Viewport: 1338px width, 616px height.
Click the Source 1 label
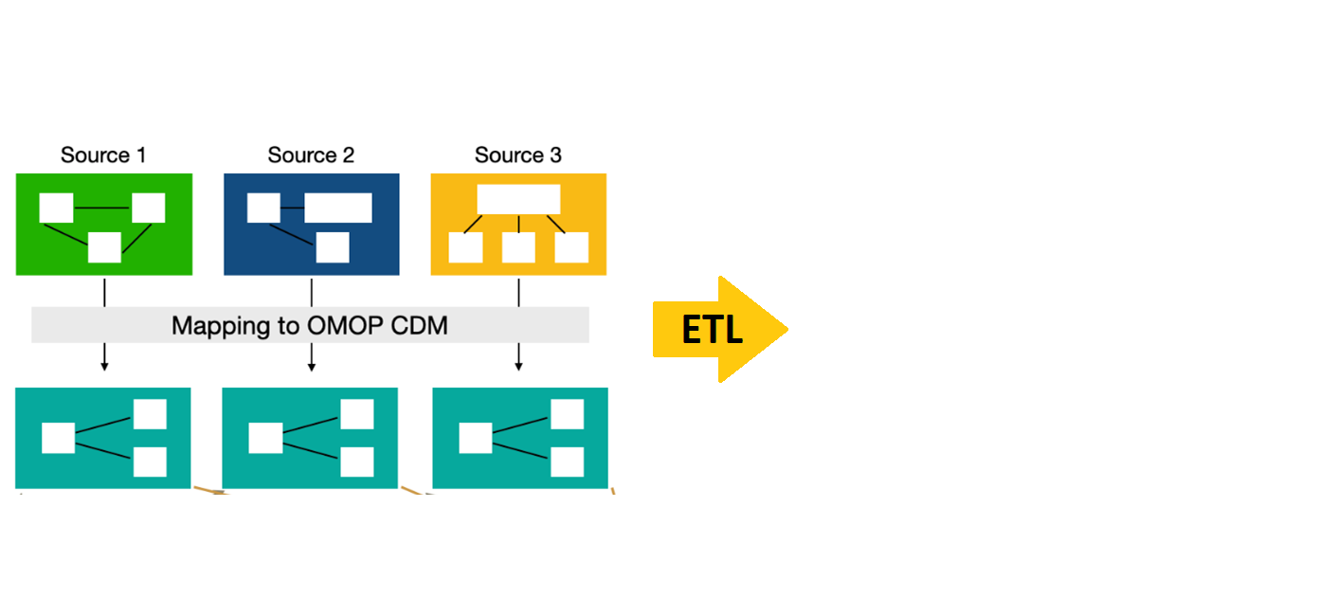coord(103,154)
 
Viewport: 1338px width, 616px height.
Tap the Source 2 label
coord(311,154)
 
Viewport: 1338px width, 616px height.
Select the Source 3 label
coord(517,154)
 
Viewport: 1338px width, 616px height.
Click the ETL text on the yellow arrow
coord(712,330)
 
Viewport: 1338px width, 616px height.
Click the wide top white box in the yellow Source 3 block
coord(518,199)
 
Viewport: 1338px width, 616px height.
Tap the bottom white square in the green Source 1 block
coord(104,247)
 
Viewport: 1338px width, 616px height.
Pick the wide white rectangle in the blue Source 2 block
coord(338,208)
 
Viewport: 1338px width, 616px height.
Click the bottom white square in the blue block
coord(333,247)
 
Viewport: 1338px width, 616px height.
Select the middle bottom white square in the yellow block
coord(518,247)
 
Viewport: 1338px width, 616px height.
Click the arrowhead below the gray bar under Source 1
coord(104,366)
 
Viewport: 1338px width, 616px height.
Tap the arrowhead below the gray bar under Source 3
coord(518,366)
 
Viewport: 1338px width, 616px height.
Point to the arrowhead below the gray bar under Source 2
coord(311,366)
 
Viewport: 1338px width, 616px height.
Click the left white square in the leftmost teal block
coord(58,438)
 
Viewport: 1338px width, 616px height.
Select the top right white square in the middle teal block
coord(356,414)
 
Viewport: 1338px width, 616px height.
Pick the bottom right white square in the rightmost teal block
coord(567,462)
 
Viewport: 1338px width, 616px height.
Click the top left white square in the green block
coord(56,208)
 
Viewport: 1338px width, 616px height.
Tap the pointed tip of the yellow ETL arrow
coord(786,330)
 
